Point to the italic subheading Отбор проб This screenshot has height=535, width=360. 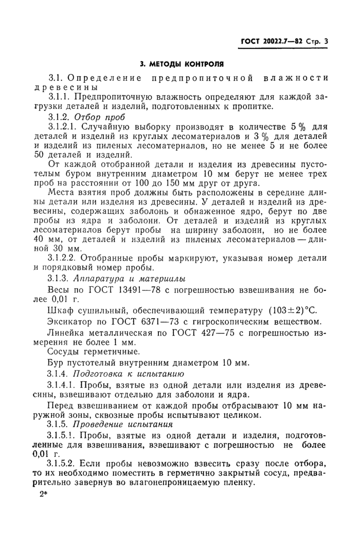99,116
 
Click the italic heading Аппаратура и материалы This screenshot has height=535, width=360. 128,278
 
